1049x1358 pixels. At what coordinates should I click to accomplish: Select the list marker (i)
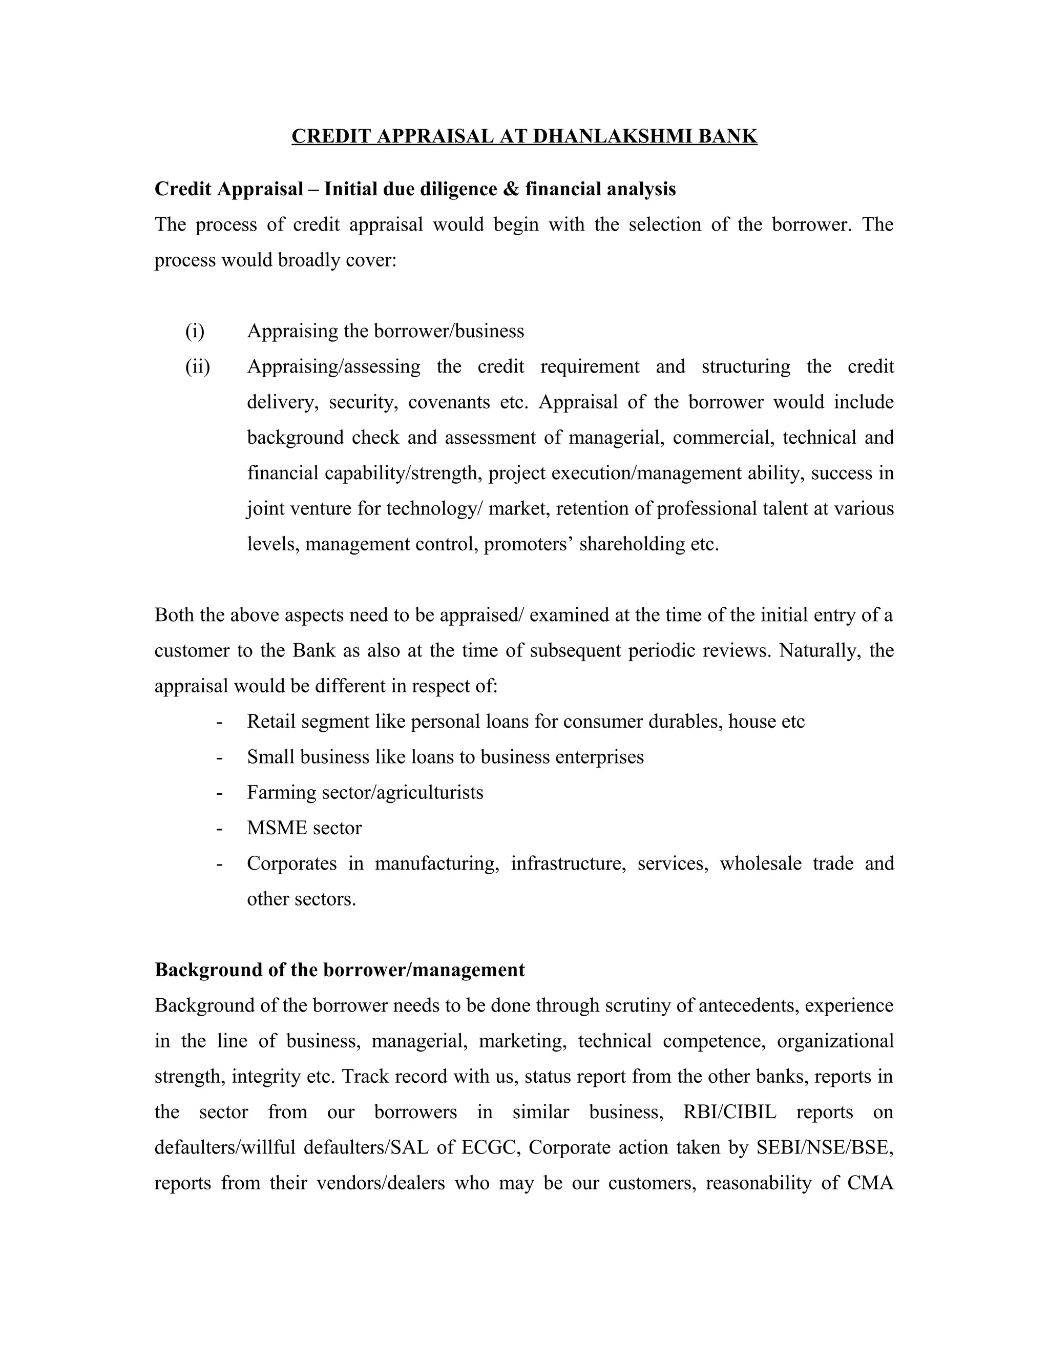coord(195,331)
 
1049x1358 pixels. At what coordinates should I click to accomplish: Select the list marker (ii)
coord(198,366)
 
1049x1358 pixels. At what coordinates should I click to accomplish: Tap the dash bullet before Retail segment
coord(219,722)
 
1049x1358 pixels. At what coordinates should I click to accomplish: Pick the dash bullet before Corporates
coord(219,863)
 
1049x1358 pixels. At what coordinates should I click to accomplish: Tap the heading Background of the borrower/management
coord(339,970)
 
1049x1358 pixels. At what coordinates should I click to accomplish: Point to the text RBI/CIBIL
coord(729,1112)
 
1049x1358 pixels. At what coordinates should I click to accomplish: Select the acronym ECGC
coord(490,1147)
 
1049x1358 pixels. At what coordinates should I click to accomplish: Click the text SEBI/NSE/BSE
coord(825,1147)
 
